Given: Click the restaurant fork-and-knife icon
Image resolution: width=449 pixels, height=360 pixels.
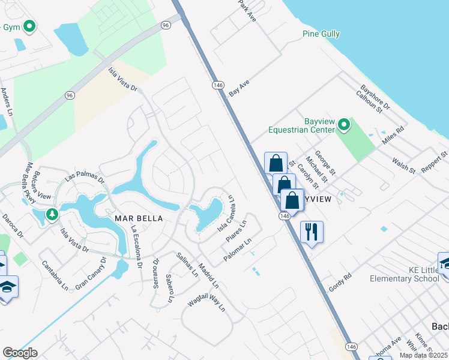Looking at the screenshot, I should click(x=311, y=232).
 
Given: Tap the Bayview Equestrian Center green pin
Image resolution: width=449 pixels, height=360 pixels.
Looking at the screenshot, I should click(x=343, y=125).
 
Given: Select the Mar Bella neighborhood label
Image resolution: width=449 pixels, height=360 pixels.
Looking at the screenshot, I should click(x=139, y=218).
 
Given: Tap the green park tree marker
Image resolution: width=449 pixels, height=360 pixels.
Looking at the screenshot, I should click(x=52, y=214).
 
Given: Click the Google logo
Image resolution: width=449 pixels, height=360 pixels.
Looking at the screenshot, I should click(x=20, y=352).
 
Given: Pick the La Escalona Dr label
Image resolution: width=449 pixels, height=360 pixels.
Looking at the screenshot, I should click(x=136, y=247).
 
